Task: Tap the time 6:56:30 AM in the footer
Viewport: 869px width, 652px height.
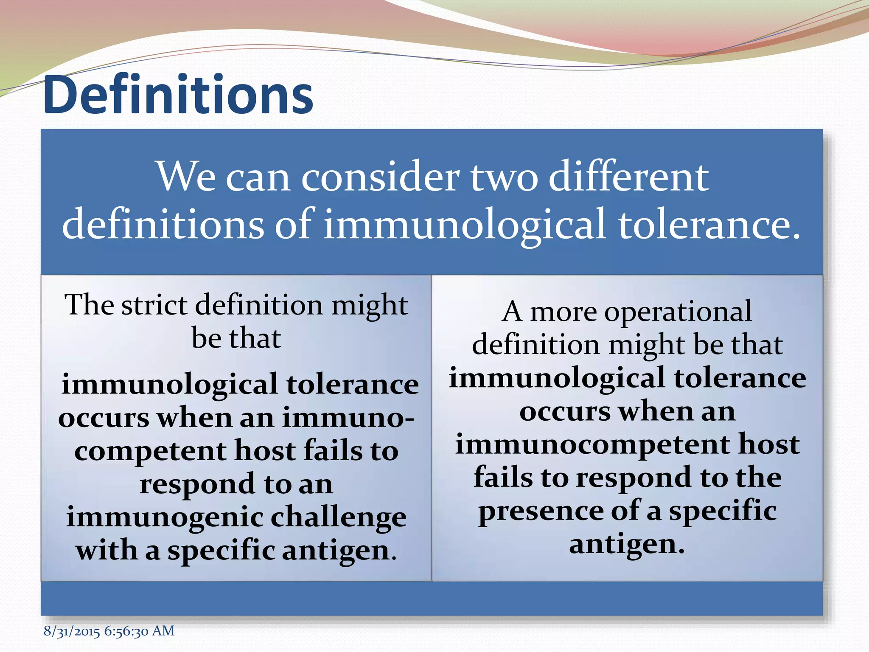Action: point(139,631)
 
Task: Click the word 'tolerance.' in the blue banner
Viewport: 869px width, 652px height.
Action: point(709,224)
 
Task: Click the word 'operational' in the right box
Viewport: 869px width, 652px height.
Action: point(678,312)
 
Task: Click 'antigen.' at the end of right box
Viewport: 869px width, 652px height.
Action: point(627,544)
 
